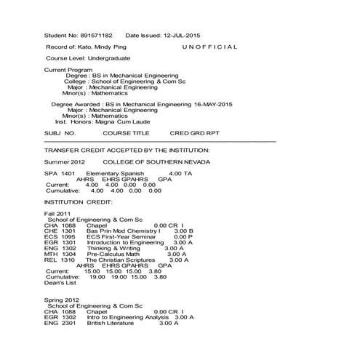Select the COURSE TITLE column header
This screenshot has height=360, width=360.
click(x=126, y=134)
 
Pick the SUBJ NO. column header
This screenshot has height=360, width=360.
click(x=60, y=134)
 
